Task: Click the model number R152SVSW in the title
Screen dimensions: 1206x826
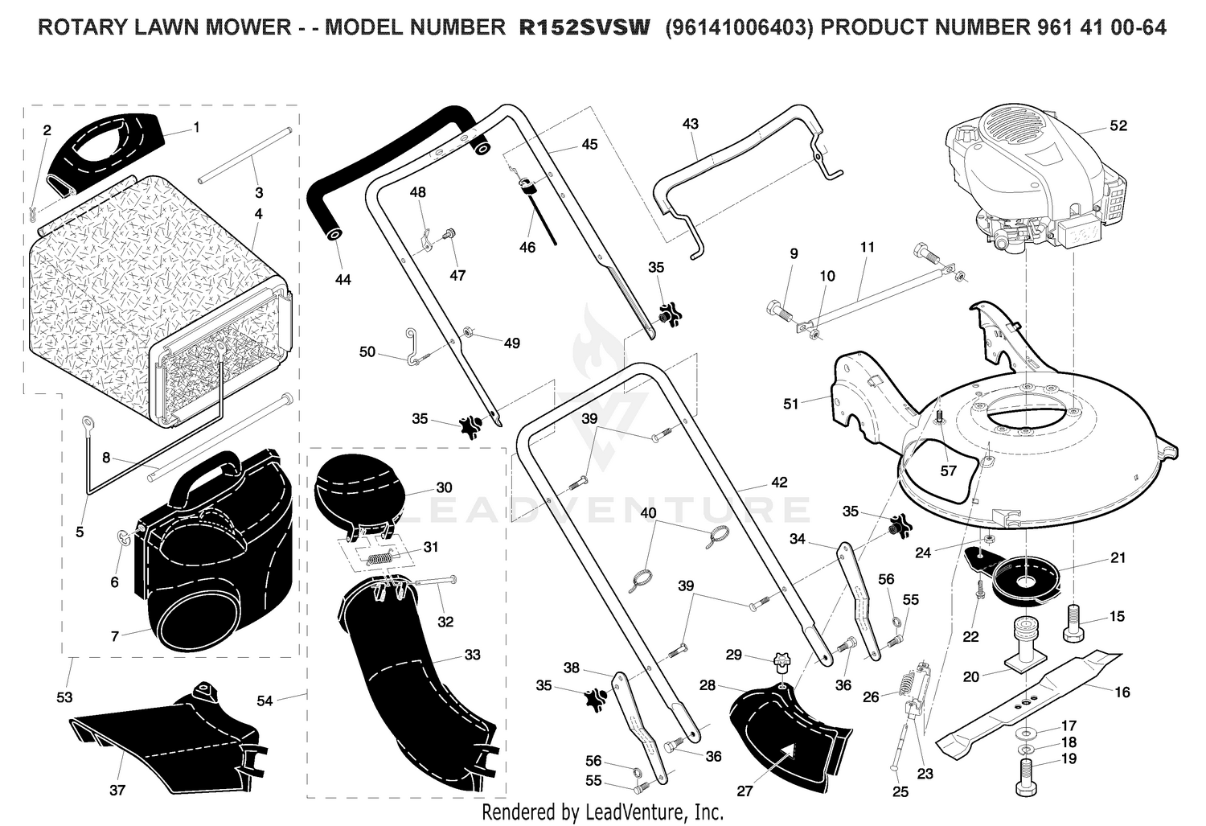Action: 585,27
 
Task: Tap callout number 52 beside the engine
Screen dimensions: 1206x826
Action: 1118,125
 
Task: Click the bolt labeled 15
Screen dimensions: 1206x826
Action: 1073,623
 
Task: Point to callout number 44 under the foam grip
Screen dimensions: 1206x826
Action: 343,279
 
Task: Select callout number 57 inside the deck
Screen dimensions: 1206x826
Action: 948,471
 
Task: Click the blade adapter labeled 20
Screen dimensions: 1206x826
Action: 1026,647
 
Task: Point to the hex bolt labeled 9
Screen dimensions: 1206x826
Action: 779,310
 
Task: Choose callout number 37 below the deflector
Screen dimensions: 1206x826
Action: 117,791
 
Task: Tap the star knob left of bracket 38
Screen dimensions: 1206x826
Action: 596,699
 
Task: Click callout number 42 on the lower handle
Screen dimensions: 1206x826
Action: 779,482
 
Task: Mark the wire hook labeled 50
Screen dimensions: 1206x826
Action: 413,347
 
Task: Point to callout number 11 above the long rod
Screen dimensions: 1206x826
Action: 867,247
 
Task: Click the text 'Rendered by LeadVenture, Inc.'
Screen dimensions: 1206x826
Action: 602,812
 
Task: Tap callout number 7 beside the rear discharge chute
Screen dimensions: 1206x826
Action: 115,636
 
